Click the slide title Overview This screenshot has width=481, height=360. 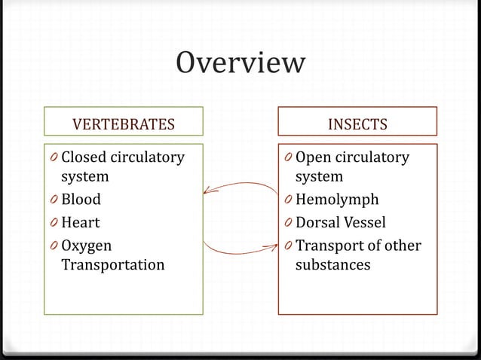pos(240,63)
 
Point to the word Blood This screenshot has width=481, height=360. pos(81,200)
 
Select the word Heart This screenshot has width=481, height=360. pos(80,223)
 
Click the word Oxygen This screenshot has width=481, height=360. pos(86,246)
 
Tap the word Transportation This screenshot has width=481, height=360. pos(112,264)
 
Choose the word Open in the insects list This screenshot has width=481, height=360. pos(313,157)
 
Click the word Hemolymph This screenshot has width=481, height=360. pos(337,200)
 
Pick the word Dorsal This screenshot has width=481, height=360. pos(317,223)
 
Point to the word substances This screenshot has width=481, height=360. pos(332,264)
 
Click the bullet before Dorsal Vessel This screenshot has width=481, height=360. pos(288,224)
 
